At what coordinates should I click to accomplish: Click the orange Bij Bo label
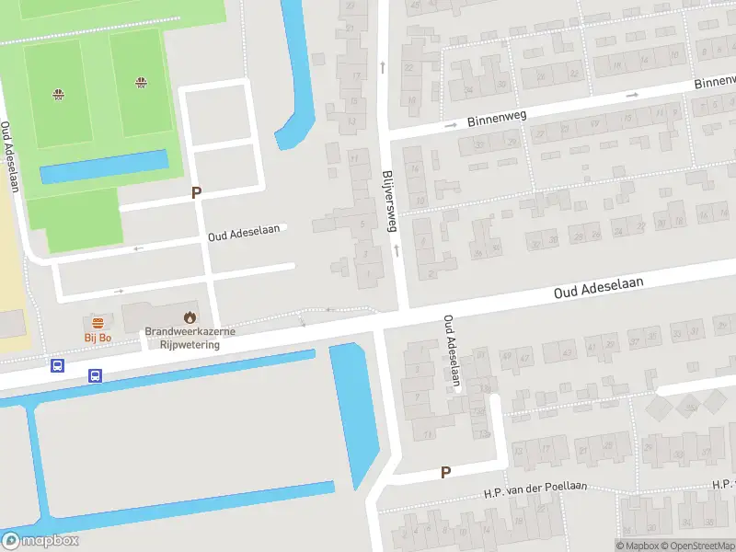tap(98, 338)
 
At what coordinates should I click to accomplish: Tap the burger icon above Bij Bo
tap(98, 322)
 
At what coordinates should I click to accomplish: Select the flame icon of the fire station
tap(190, 317)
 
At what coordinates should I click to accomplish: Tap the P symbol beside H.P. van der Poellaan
tap(445, 473)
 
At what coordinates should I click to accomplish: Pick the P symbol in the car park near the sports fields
tap(195, 192)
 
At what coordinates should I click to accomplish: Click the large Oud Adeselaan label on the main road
tap(598, 288)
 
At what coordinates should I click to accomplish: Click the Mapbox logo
tap(40, 541)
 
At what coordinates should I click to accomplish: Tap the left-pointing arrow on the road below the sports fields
tap(139, 248)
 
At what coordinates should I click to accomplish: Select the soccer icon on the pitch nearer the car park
tap(141, 83)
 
